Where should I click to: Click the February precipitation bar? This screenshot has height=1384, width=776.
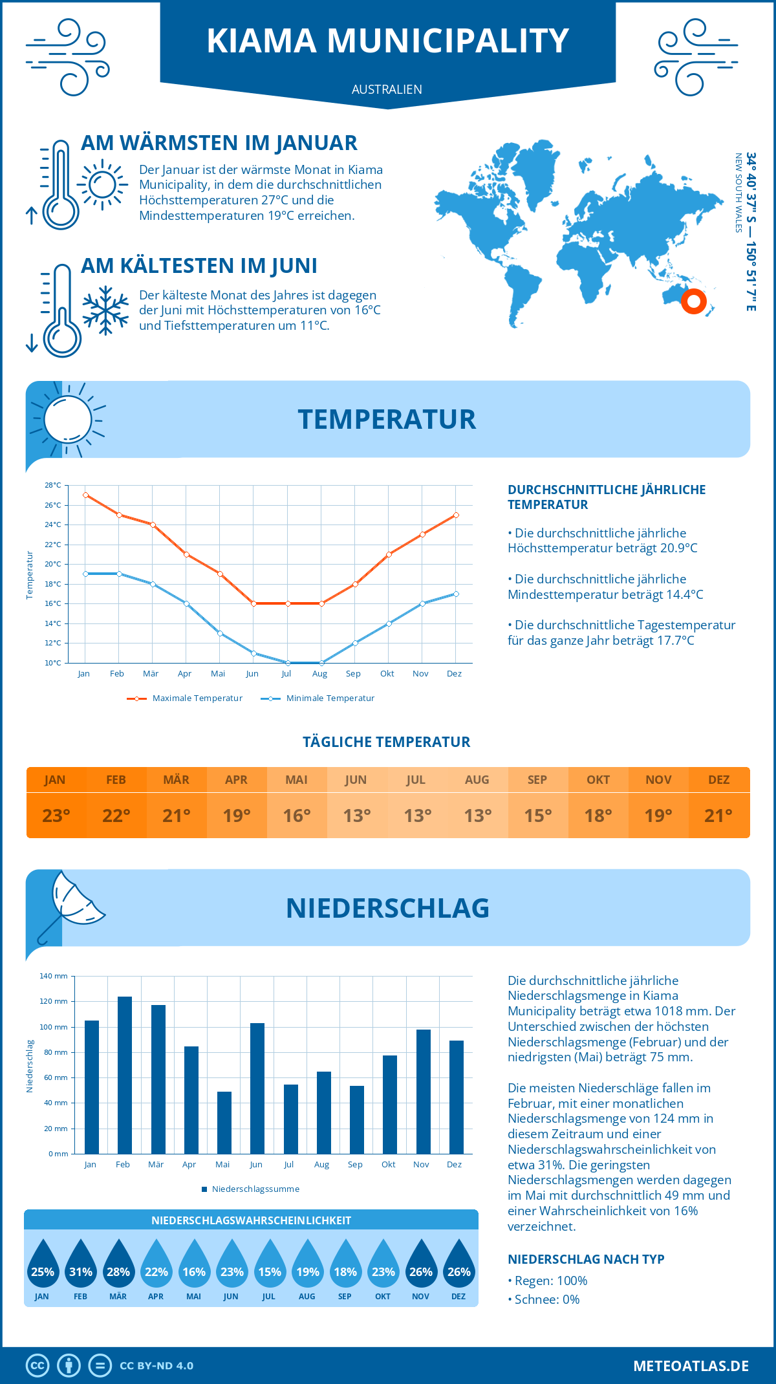click(124, 1075)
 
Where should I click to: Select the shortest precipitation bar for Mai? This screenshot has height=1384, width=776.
click(224, 1123)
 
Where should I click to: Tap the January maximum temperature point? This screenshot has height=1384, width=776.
click(85, 495)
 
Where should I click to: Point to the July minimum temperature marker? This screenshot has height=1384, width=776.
click(288, 663)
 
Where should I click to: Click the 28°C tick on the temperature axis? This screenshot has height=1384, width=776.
click(53, 485)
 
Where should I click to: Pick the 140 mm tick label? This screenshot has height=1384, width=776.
click(54, 976)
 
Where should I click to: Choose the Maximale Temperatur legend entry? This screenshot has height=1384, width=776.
click(185, 698)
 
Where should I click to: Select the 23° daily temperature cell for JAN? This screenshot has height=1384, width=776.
click(56, 816)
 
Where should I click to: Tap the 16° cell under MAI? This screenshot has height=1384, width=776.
click(297, 816)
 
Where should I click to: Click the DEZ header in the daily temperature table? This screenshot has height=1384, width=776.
click(718, 780)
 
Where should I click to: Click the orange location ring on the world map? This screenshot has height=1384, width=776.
click(694, 301)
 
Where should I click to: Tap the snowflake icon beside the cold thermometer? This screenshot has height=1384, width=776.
click(105, 310)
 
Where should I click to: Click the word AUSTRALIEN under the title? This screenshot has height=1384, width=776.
click(387, 89)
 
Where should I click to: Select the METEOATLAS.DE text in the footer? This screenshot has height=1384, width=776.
click(691, 1366)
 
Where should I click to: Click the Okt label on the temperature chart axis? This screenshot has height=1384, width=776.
click(387, 673)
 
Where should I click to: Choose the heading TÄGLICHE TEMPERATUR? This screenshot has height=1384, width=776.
click(387, 742)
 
